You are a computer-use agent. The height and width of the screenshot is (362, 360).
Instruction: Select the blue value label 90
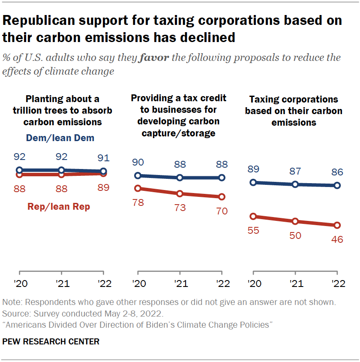tap(138, 163)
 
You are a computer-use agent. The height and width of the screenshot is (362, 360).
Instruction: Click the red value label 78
tap(138, 202)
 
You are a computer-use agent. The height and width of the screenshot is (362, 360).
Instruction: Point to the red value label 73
tap(180, 208)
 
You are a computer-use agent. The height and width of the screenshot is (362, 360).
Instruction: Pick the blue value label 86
tap(337, 172)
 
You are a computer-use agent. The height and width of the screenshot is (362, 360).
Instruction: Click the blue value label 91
tap(103, 157)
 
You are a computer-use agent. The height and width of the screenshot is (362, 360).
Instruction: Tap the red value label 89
tap(103, 187)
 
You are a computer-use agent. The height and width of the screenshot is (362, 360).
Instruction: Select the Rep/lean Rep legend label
tap(59, 207)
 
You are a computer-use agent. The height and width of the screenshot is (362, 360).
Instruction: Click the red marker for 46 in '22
tap(337, 225)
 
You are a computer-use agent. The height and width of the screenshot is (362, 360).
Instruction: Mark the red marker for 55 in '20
tap(253, 217)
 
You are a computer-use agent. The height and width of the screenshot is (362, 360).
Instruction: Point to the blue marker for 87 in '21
tap(295, 184)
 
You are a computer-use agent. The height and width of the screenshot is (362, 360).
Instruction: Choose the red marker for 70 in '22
tap(222, 197)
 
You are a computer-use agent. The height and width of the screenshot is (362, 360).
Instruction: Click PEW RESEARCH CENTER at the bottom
tap(51, 342)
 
